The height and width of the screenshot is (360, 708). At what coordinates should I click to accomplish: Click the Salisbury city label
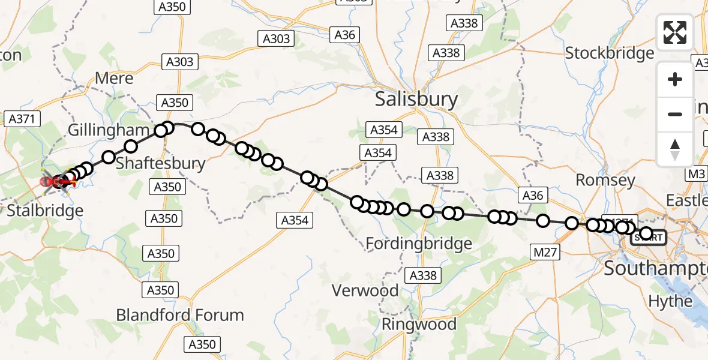click(x=416, y=99)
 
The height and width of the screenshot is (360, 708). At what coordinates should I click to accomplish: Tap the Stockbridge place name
click(x=610, y=53)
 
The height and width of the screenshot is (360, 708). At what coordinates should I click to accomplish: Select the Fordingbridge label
click(x=418, y=244)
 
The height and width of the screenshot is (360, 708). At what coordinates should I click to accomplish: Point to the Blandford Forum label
click(x=180, y=315)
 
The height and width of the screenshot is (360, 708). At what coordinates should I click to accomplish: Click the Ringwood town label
click(x=420, y=325)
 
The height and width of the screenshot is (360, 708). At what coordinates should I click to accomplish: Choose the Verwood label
click(x=365, y=291)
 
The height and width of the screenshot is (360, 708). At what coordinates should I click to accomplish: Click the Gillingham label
click(x=108, y=130)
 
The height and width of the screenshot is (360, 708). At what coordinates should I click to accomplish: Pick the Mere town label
click(x=114, y=79)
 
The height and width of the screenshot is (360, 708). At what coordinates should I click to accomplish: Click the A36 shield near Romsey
click(x=532, y=195)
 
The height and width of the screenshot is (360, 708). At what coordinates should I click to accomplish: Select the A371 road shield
click(x=22, y=119)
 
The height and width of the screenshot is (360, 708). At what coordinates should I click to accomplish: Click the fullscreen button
click(x=675, y=32)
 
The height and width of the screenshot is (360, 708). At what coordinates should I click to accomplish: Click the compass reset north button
click(x=675, y=149)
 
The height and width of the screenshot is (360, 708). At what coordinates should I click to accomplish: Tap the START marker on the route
click(x=648, y=238)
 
